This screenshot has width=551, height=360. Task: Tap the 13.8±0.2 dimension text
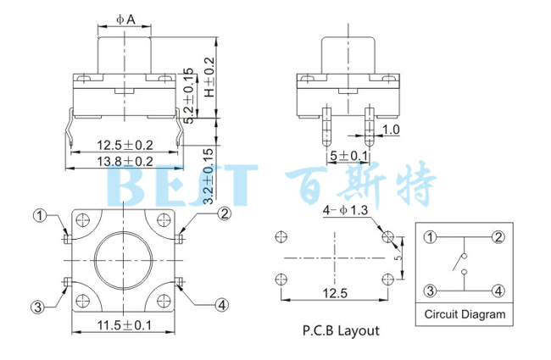pyautogui.click(x=124, y=161)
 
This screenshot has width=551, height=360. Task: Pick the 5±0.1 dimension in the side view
pyautogui.click(x=348, y=157)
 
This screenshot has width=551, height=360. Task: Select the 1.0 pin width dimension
pyautogui.click(x=391, y=130)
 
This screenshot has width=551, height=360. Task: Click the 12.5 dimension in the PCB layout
pyautogui.click(x=333, y=293)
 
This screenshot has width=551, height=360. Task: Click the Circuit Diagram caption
pyautogui.click(x=465, y=314)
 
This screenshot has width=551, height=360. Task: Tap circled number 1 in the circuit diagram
pyautogui.click(x=431, y=236)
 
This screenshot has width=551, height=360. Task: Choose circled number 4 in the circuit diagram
pyautogui.click(x=499, y=291)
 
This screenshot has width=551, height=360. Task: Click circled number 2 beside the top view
pyautogui.click(x=224, y=213)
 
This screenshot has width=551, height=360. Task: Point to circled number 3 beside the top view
pyautogui.click(x=37, y=306)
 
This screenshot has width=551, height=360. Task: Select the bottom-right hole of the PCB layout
pyautogui.click(x=387, y=277)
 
